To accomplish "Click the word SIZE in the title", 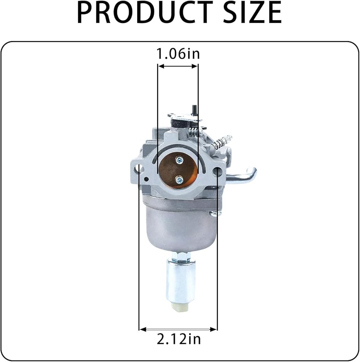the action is tap(252, 12).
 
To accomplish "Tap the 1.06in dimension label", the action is tap(178, 54).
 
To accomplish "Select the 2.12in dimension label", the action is tap(179, 339).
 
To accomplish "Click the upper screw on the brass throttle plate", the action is tap(179, 160).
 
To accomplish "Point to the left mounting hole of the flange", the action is tap(140, 169).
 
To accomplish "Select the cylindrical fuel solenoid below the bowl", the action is tap(180, 282).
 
